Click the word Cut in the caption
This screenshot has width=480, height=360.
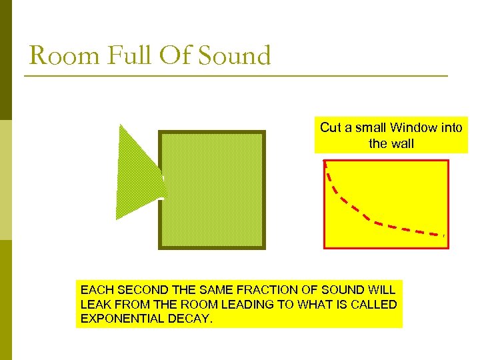331,127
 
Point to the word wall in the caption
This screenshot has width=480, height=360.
401,143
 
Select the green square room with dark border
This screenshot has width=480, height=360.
212,190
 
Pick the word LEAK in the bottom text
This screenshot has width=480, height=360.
95,305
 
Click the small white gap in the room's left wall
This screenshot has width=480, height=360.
161,198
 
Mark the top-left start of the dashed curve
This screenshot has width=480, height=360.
325,163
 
